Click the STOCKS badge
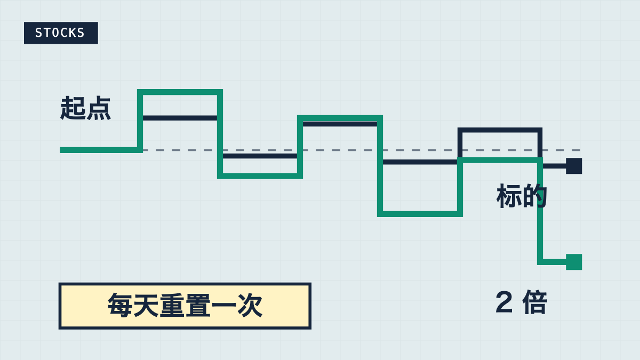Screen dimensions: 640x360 (x=61, y=33)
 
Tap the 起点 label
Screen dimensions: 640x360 (x=85, y=108)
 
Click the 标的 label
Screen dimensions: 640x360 (x=522, y=196)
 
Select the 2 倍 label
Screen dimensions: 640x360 (x=522, y=302)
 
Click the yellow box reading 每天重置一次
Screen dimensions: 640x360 (x=185, y=306)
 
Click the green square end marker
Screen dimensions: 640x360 (x=574, y=262)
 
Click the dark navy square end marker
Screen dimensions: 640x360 (x=574, y=166)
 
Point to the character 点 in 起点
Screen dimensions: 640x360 (x=98, y=108)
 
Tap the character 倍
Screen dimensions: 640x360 (x=535, y=302)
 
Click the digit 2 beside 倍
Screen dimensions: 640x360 (x=503, y=302)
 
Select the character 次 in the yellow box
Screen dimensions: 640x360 (x=250, y=306)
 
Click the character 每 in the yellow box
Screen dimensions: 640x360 (x=120, y=306)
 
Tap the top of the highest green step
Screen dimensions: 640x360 (x=180, y=92)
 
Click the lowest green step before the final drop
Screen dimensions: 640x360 (x=420, y=214)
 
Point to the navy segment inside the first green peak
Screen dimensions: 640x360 (x=180, y=118)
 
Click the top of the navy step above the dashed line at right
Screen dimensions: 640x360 (x=500, y=130)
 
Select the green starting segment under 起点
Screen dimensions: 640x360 (x=101, y=150)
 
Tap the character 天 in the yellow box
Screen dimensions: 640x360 (x=146, y=306)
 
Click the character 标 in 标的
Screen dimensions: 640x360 (x=509, y=196)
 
